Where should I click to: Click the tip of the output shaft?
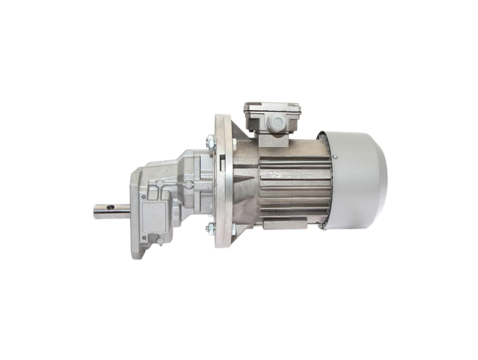point(94,211)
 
